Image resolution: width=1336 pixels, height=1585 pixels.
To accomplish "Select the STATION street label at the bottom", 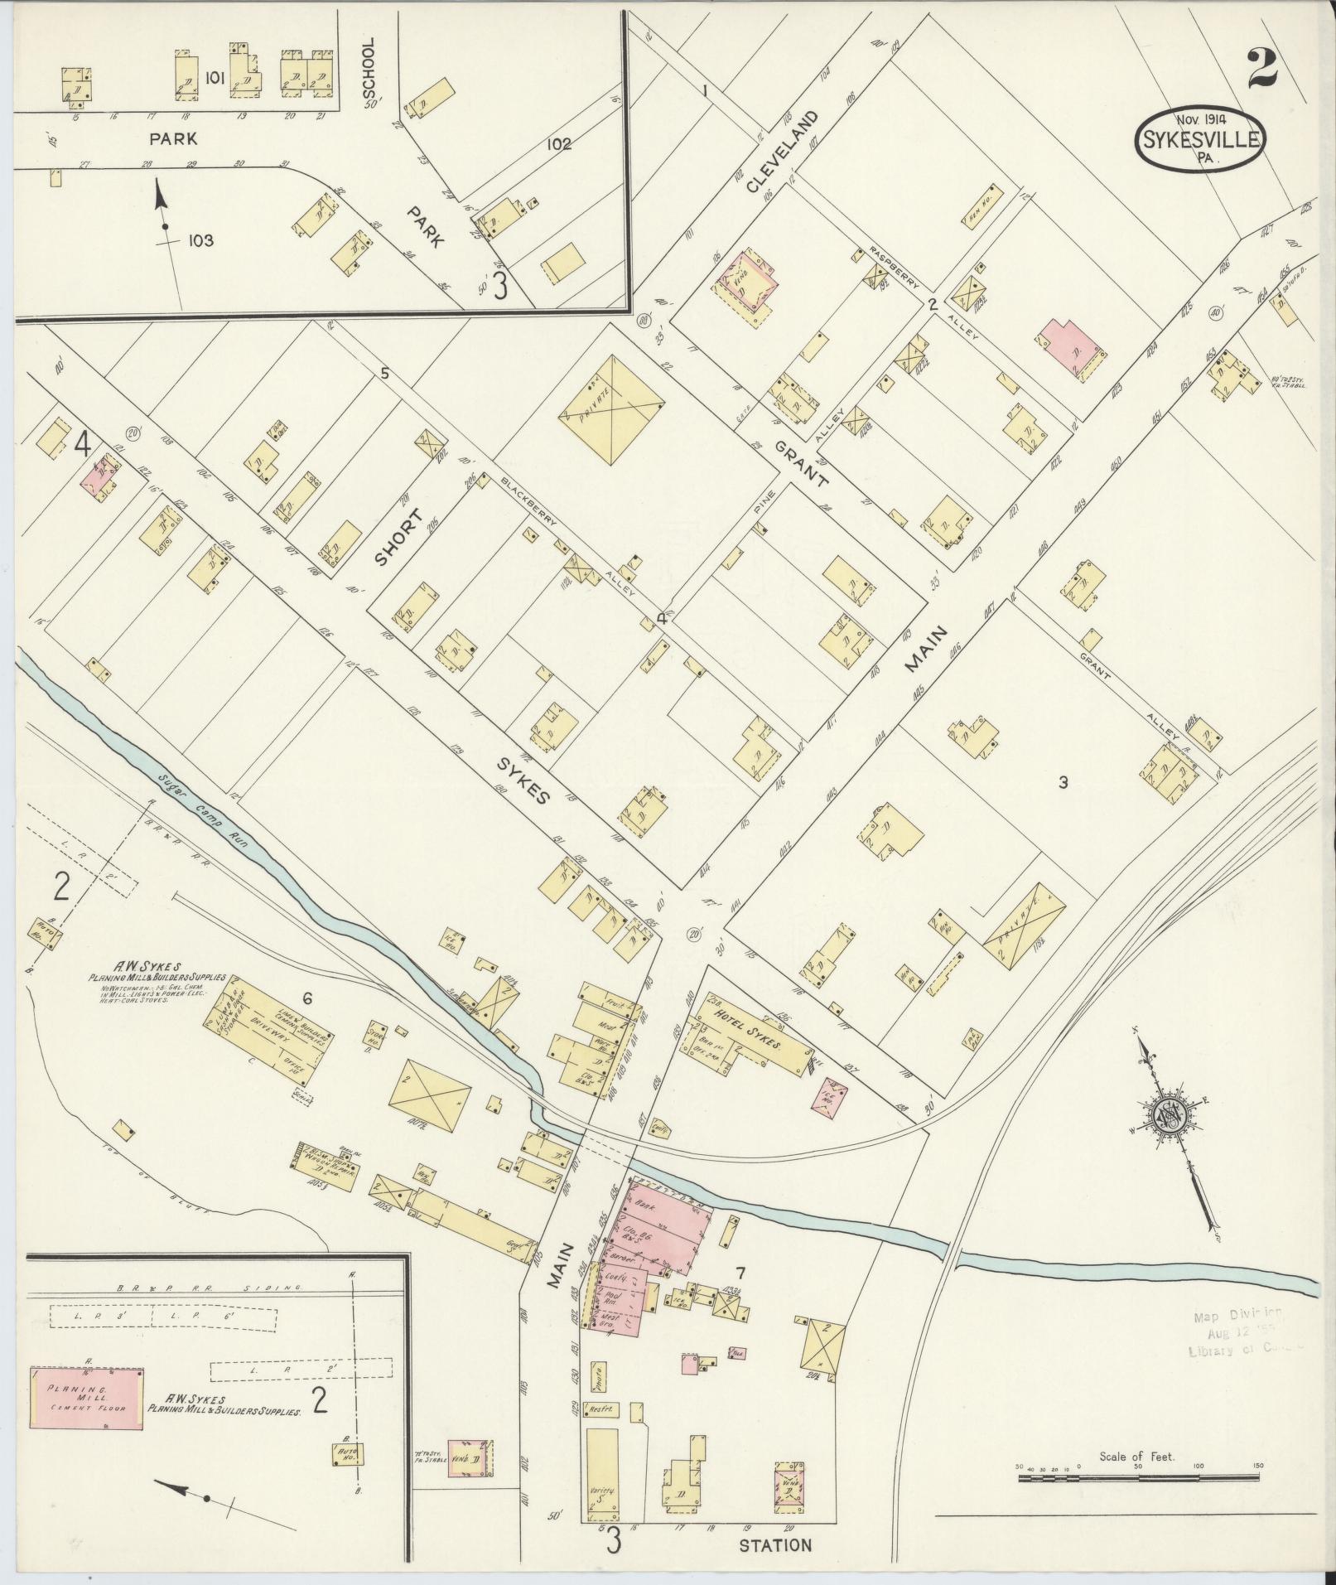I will [774, 1545].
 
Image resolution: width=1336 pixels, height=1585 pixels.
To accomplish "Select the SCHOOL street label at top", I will [369, 71].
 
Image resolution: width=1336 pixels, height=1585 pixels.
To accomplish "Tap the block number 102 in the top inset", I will [558, 143].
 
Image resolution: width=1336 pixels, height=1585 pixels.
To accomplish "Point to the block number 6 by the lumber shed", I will [306, 999].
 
